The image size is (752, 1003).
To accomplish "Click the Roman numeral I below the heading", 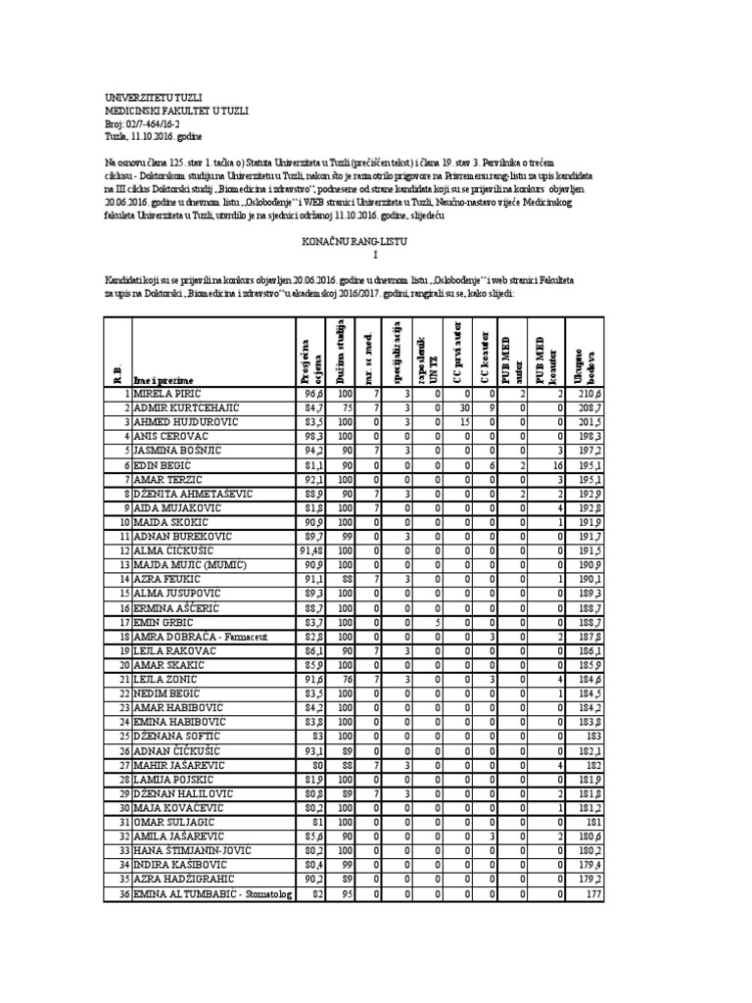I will (x=374, y=254).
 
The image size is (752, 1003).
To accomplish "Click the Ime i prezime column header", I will (x=164, y=379).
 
